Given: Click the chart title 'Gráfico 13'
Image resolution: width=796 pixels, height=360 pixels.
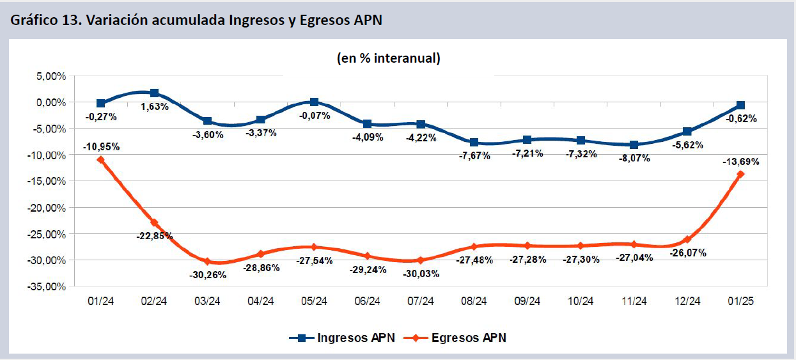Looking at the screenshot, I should click(x=196, y=19).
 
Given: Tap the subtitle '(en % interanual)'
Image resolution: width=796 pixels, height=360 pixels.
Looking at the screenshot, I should click(x=389, y=58).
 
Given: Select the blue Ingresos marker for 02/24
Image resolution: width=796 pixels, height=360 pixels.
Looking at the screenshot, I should click(x=154, y=93).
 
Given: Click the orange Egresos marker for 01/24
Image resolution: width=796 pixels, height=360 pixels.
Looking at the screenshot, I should click(x=100, y=160).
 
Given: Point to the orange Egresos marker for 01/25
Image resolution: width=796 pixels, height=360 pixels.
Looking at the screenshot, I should click(x=741, y=174).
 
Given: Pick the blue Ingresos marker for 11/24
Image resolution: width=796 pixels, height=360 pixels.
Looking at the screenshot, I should click(x=634, y=145).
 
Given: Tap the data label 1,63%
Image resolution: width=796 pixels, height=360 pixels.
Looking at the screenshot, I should click(x=154, y=107).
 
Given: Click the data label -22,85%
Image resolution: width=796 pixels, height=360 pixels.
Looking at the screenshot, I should click(x=154, y=235).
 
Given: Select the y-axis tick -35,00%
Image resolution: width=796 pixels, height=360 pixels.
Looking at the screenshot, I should click(x=46, y=287).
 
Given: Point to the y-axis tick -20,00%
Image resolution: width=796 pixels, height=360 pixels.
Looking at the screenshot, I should click(x=46, y=208).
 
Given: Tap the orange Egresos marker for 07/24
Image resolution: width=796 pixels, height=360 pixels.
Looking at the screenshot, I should click(x=421, y=260).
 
